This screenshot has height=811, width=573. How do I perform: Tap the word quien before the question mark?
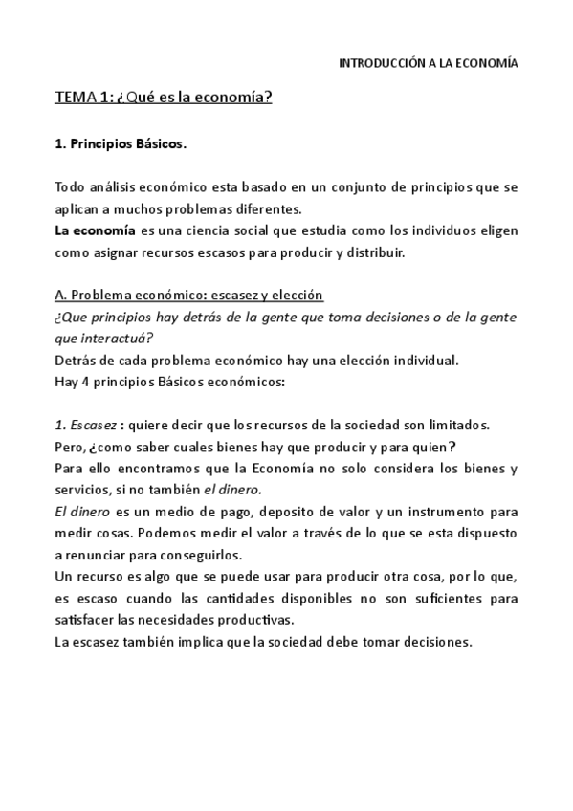(426, 446)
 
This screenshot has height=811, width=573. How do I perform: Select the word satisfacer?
(87, 620)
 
